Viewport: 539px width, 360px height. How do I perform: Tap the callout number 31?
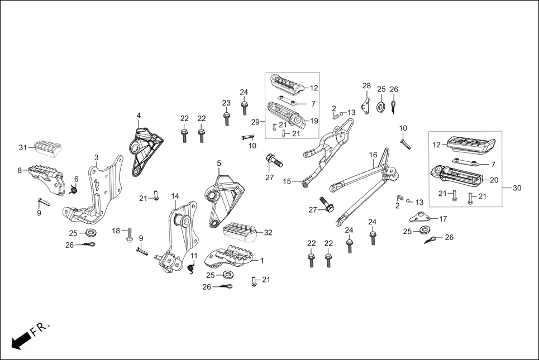pyautogui.click(x=22, y=147)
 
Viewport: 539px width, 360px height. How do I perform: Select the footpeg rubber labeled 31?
pyautogui.click(x=49, y=148)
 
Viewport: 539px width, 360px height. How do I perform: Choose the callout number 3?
pyautogui.click(x=97, y=157)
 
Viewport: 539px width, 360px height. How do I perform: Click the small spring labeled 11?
pyautogui.click(x=192, y=269)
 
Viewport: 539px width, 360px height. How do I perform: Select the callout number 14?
pyautogui.click(x=175, y=196)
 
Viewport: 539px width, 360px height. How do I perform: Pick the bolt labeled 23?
pyautogui.click(x=226, y=119)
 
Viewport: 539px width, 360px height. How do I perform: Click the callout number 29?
pyautogui.click(x=255, y=121)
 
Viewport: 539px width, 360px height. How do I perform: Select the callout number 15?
pyautogui.click(x=287, y=181)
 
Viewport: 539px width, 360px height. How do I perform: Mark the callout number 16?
pyautogui.click(x=373, y=155)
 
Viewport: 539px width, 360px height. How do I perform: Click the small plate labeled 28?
pyautogui.click(x=366, y=105)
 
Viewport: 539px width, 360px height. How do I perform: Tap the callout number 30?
pyautogui.click(x=517, y=188)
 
